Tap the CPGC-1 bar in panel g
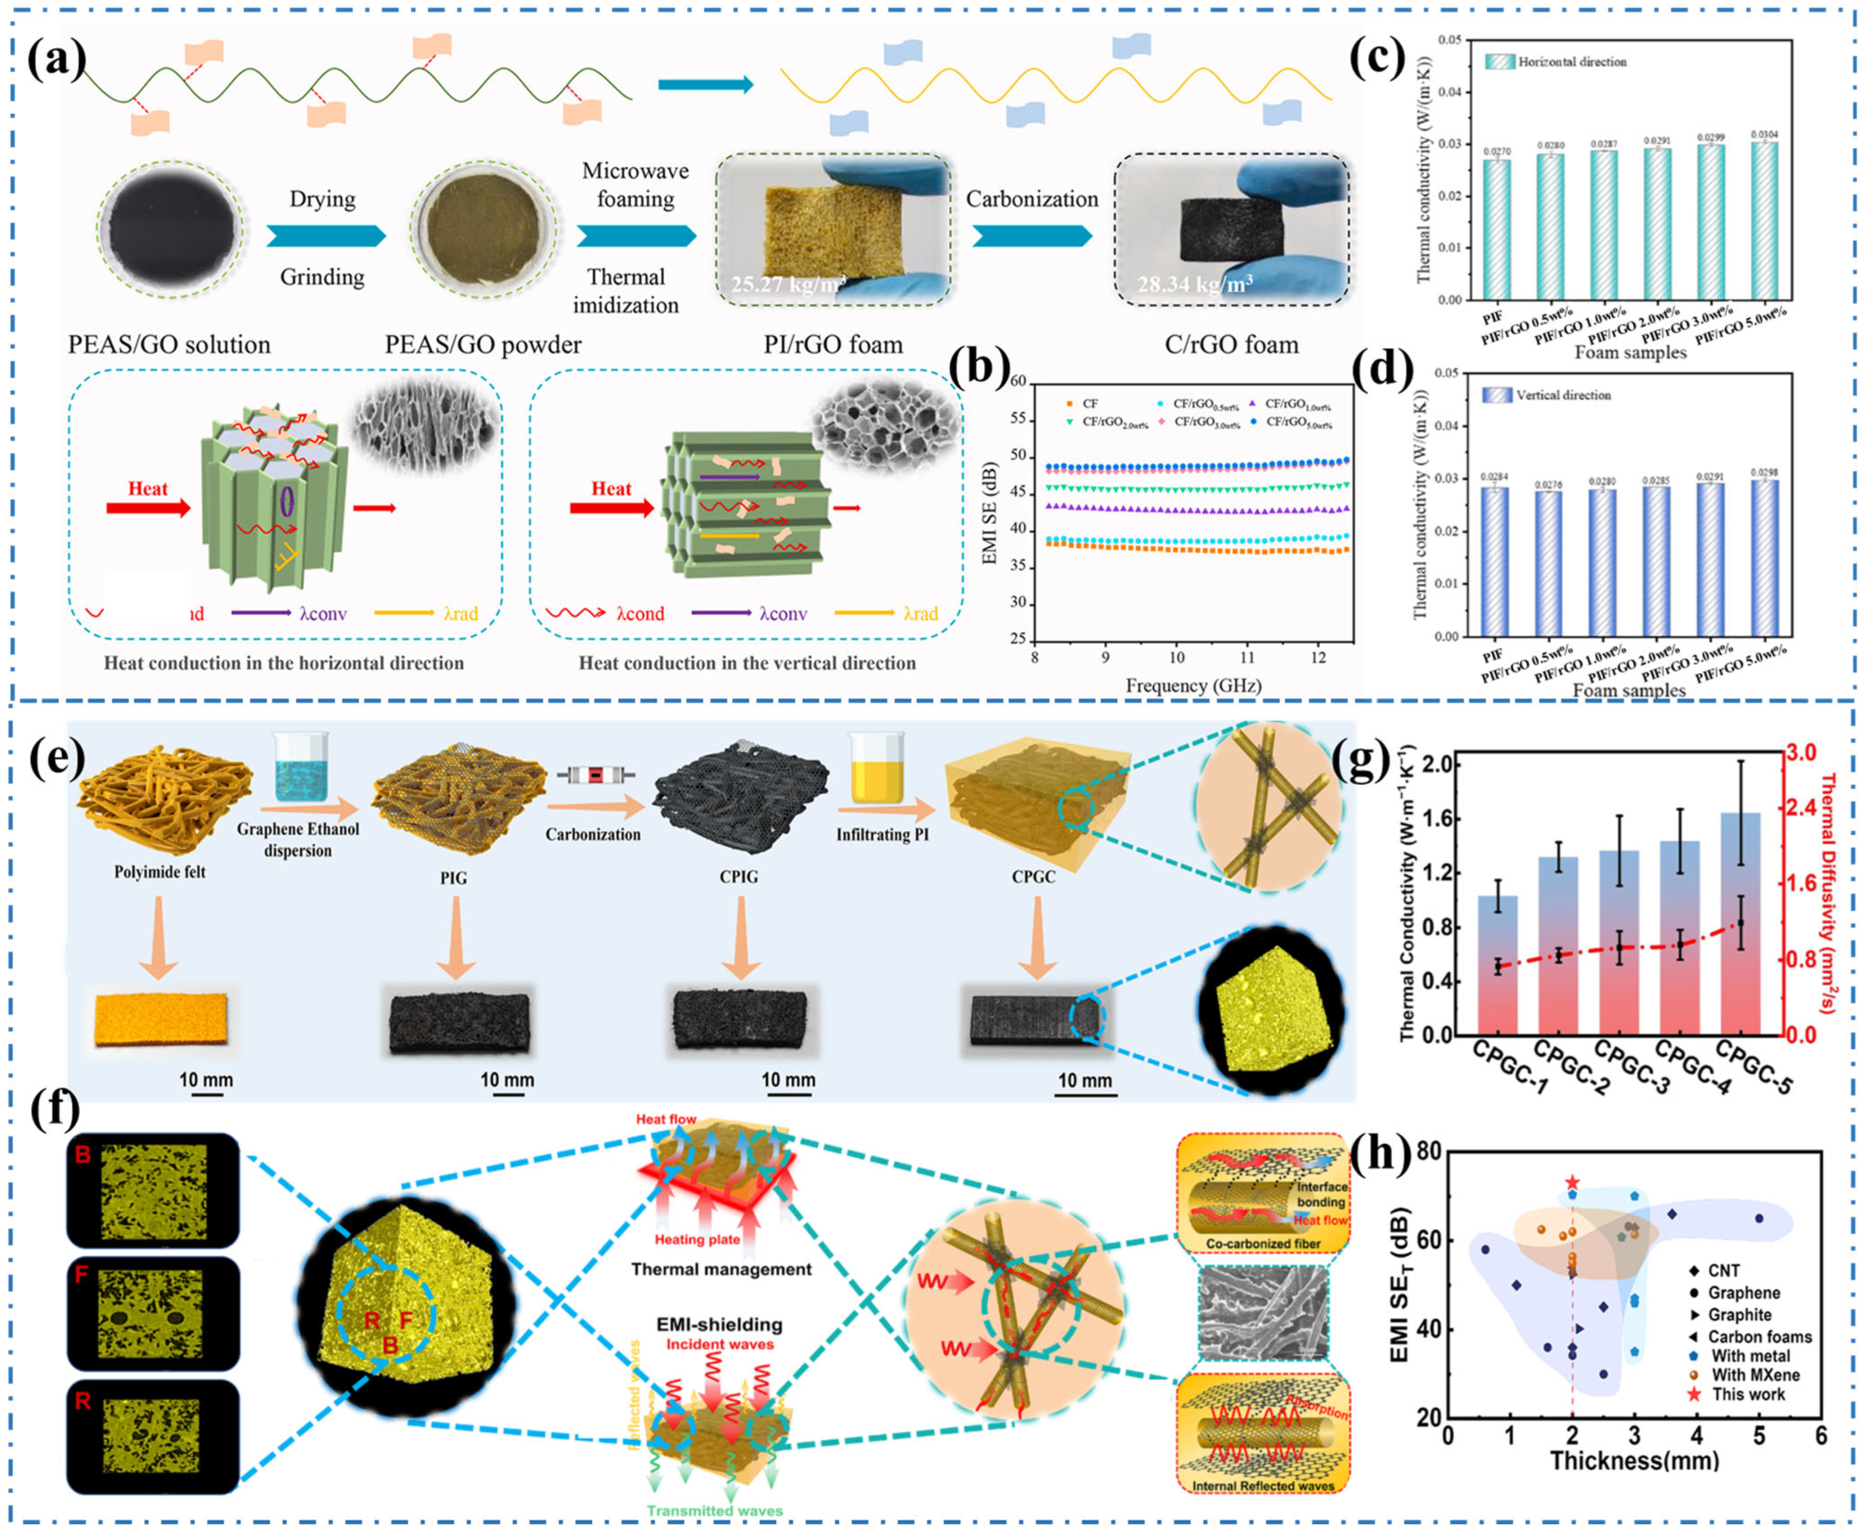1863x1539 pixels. (1497, 966)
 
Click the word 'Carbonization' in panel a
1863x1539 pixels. (1032, 199)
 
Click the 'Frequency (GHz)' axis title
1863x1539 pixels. (1193, 685)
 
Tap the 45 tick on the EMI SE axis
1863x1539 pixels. (1017, 492)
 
